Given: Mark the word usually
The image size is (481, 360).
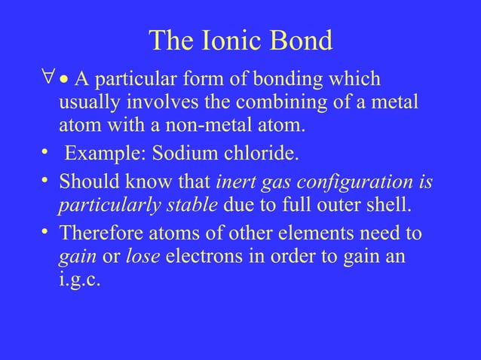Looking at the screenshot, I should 87,102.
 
